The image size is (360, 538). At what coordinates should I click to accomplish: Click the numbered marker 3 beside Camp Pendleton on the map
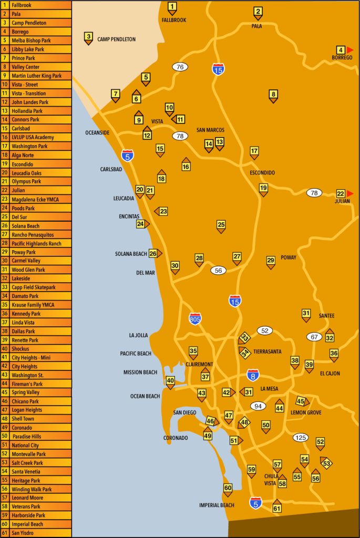coord(88,37)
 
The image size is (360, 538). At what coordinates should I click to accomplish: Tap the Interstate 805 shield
coord(195,318)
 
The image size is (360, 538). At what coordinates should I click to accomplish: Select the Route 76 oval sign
coord(180,67)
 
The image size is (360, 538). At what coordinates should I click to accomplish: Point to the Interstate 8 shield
coord(253,374)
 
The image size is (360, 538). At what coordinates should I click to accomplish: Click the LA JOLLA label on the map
coord(138,335)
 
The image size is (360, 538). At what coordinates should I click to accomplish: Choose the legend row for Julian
coord(36,190)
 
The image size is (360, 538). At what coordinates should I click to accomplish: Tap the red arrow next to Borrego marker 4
coord(350,49)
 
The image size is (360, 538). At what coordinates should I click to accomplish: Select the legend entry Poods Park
coord(36,208)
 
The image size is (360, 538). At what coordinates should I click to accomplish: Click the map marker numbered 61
coord(277,508)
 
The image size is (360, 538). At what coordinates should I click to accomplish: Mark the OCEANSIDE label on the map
coord(97,133)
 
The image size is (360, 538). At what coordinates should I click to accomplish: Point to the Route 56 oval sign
coord(218,270)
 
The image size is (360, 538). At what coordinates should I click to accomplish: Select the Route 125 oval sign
coord(301,437)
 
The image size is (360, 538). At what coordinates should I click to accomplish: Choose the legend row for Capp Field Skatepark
coord(36,287)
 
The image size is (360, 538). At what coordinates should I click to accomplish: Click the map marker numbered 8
coord(273,95)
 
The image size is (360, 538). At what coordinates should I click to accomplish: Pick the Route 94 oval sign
coord(258,406)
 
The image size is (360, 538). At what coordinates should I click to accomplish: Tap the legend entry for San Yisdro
coord(36,533)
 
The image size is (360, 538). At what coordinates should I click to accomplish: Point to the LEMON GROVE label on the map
coord(306,413)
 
